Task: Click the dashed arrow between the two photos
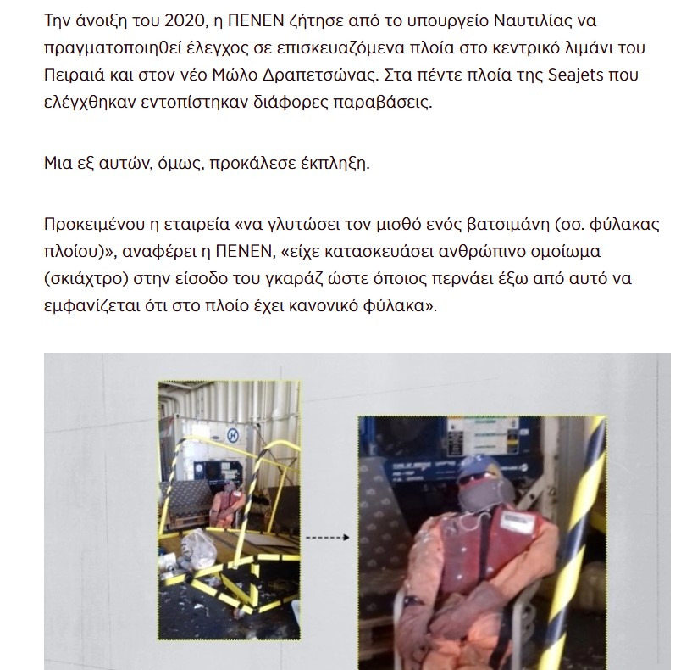coord(327,537)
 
